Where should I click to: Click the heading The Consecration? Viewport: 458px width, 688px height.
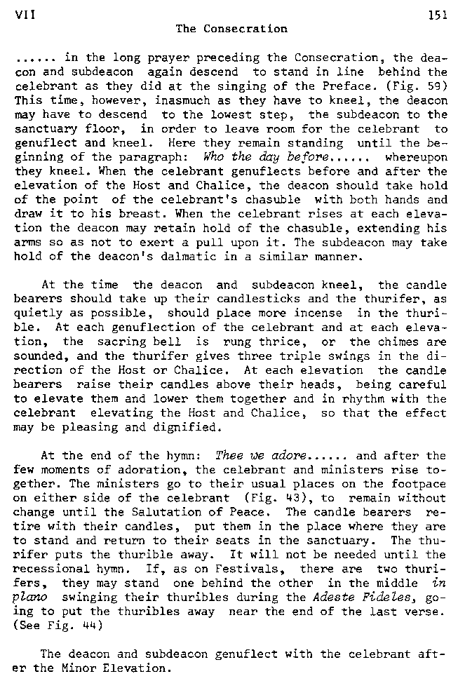(x=231, y=29)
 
